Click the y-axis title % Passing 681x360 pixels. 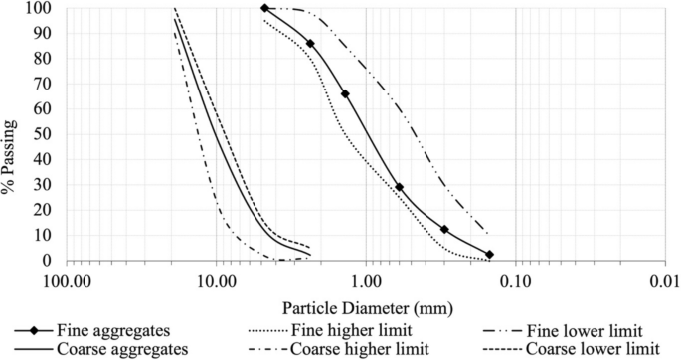coord(11,134)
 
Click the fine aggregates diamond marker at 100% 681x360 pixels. coord(265,8)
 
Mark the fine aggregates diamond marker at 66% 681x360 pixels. coord(345,93)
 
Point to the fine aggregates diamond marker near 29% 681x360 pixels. coord(399,187)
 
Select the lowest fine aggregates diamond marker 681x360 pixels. coord(489,255)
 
